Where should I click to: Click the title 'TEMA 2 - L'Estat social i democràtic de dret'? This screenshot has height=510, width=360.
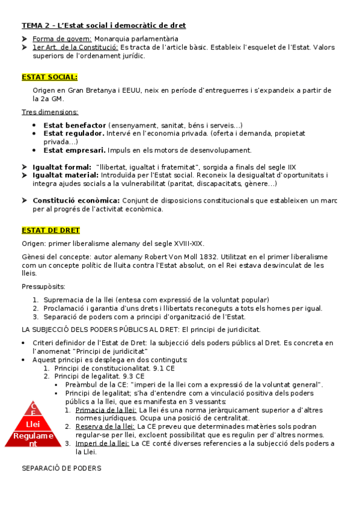[103, 25]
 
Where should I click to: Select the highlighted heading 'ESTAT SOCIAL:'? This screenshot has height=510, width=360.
[49, 77]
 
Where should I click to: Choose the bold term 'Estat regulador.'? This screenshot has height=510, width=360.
[74, 134]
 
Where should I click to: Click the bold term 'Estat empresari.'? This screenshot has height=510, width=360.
[75, 150]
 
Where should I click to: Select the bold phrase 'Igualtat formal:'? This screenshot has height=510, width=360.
[62, 167]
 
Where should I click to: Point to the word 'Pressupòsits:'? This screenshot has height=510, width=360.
[44, 286]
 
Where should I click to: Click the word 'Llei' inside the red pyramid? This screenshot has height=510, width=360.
[33, 424]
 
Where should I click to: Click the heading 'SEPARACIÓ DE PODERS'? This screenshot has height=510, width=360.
[61, 469]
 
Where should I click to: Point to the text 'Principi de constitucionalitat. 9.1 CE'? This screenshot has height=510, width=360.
[114, 368]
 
